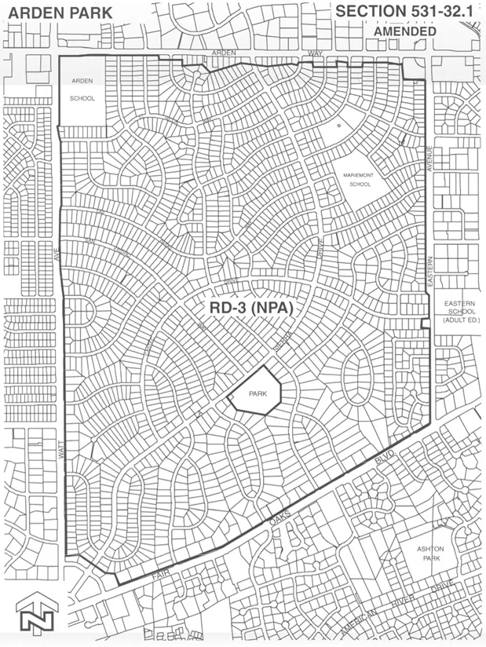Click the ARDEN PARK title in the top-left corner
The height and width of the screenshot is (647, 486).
pyautogui.click(x=56, y=13)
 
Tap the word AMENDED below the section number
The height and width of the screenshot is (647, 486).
pyautogui.click(x=405, y=31)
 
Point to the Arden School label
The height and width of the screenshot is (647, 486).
pyautogui.click(x=82, y=90)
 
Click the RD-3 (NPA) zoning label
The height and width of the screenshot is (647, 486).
pyautogui.click(x=250, y=309)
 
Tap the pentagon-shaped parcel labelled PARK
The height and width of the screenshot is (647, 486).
pyautogui.click(x=254, y=395)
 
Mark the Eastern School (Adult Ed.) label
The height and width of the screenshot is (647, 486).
pyautogui.click(x=455, y=313)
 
